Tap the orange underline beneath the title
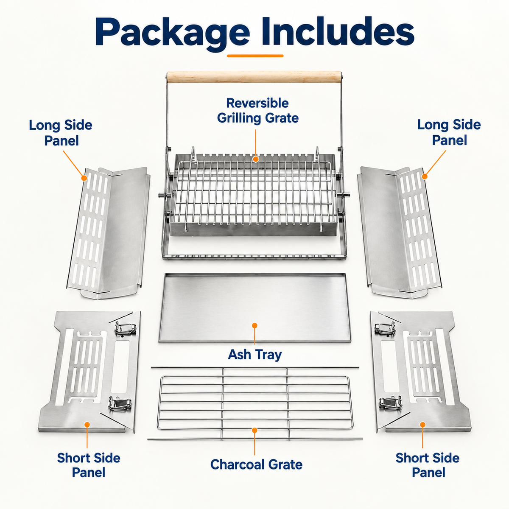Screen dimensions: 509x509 tap(255, 56)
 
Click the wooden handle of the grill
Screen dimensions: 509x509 tap(254, 76)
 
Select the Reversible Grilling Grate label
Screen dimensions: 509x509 tap(258, 110)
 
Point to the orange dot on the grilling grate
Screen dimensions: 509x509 tap(255, 159)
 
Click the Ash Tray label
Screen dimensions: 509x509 tap(255, 354)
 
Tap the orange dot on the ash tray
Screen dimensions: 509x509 tap(255, 325)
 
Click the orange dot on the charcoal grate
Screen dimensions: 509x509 tap(255, 430)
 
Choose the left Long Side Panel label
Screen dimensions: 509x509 tap(61, 133)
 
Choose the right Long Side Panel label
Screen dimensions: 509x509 tap(449, 132)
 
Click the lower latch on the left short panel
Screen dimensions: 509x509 tap(120, 404)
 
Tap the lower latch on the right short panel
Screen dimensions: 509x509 tap(391, 403)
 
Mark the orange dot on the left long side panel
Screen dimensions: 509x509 tap(84, 178)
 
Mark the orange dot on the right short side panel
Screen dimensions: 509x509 tap(422, 425)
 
